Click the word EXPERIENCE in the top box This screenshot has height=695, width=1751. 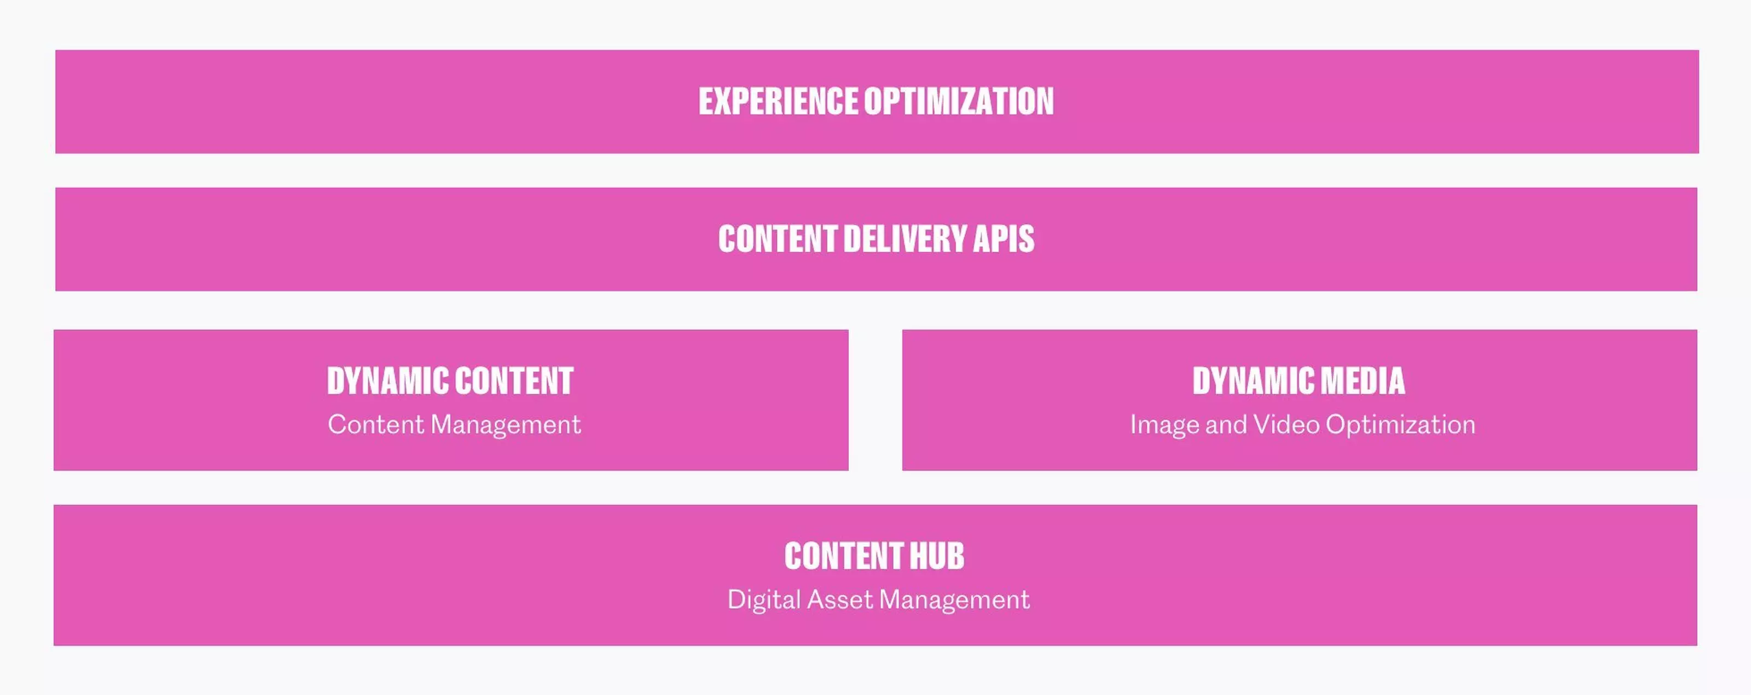778,101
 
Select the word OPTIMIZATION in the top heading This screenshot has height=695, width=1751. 959,101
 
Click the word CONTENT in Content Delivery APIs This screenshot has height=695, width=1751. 778,239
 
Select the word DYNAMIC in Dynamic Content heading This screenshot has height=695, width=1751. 386,381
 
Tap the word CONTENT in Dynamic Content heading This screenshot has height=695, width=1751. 513,381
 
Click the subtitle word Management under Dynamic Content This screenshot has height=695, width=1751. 506,425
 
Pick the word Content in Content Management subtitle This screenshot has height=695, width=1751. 376,425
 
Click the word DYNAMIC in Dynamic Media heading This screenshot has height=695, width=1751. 1252,381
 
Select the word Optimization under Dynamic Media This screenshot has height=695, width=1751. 1400,425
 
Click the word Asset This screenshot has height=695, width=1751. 839,600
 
